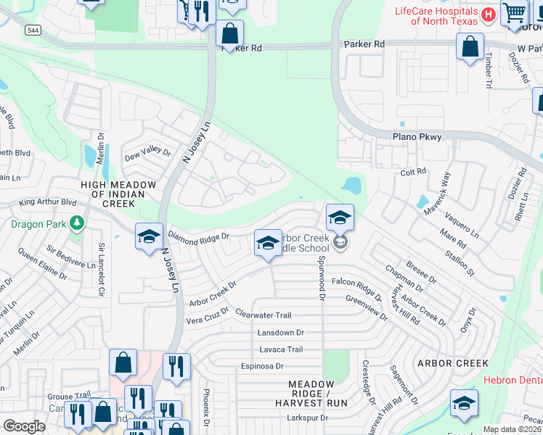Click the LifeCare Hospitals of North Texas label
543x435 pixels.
(436, 16)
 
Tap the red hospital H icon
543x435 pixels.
(489, 14)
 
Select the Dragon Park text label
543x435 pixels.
(37, 224)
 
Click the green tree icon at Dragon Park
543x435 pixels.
(75, 224)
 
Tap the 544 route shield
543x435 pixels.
(32, 30)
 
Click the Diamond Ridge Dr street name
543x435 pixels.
(198, 236)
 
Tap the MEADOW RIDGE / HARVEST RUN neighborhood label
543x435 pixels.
(317, 392)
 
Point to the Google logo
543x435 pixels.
(24, 426)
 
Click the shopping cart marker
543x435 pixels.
(514, 12)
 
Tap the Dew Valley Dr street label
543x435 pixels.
(147, 154)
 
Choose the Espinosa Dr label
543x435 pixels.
(263, 366)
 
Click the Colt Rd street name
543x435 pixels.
(412, 173)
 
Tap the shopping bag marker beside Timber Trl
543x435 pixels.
(470, 46)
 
